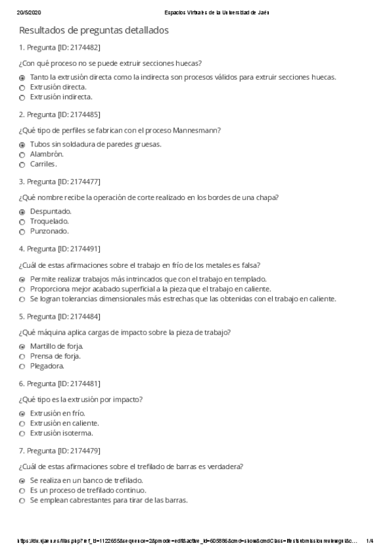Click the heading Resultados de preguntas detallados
(94, 30)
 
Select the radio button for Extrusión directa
(22, 88)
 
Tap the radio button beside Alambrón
(22, 155)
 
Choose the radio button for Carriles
(22, 165)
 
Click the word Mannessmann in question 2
(199, 130)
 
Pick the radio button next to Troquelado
(22, 222)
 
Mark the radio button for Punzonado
(22, 232)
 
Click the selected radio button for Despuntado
(22, 212)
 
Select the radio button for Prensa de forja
(22, 357)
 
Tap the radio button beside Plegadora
(22, 367)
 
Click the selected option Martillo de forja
(56, 346)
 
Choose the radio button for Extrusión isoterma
(22, 434)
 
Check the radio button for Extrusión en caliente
(22, 424)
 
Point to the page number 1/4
(370, 540)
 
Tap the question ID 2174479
(79, 451)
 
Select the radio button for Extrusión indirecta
(22, 97)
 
